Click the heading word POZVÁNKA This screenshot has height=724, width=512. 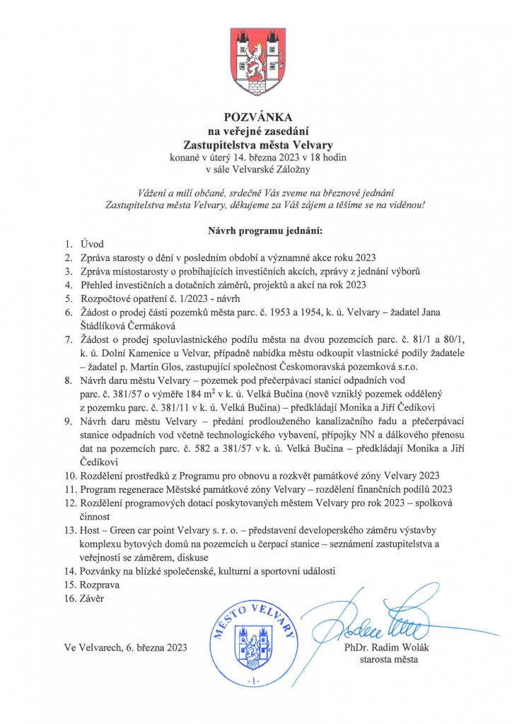click(x=257, y=116)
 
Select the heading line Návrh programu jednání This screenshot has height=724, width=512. click(x=255, y=230)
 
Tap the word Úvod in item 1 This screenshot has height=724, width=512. click(x=93, y=244)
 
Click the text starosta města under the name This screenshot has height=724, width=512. click(x=388, y=660)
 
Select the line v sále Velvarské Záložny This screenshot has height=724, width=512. click(x=256, y=169)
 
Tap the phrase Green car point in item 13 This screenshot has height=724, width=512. click(x=146, y=530)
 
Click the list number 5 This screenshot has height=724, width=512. click(x=69, y=298)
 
